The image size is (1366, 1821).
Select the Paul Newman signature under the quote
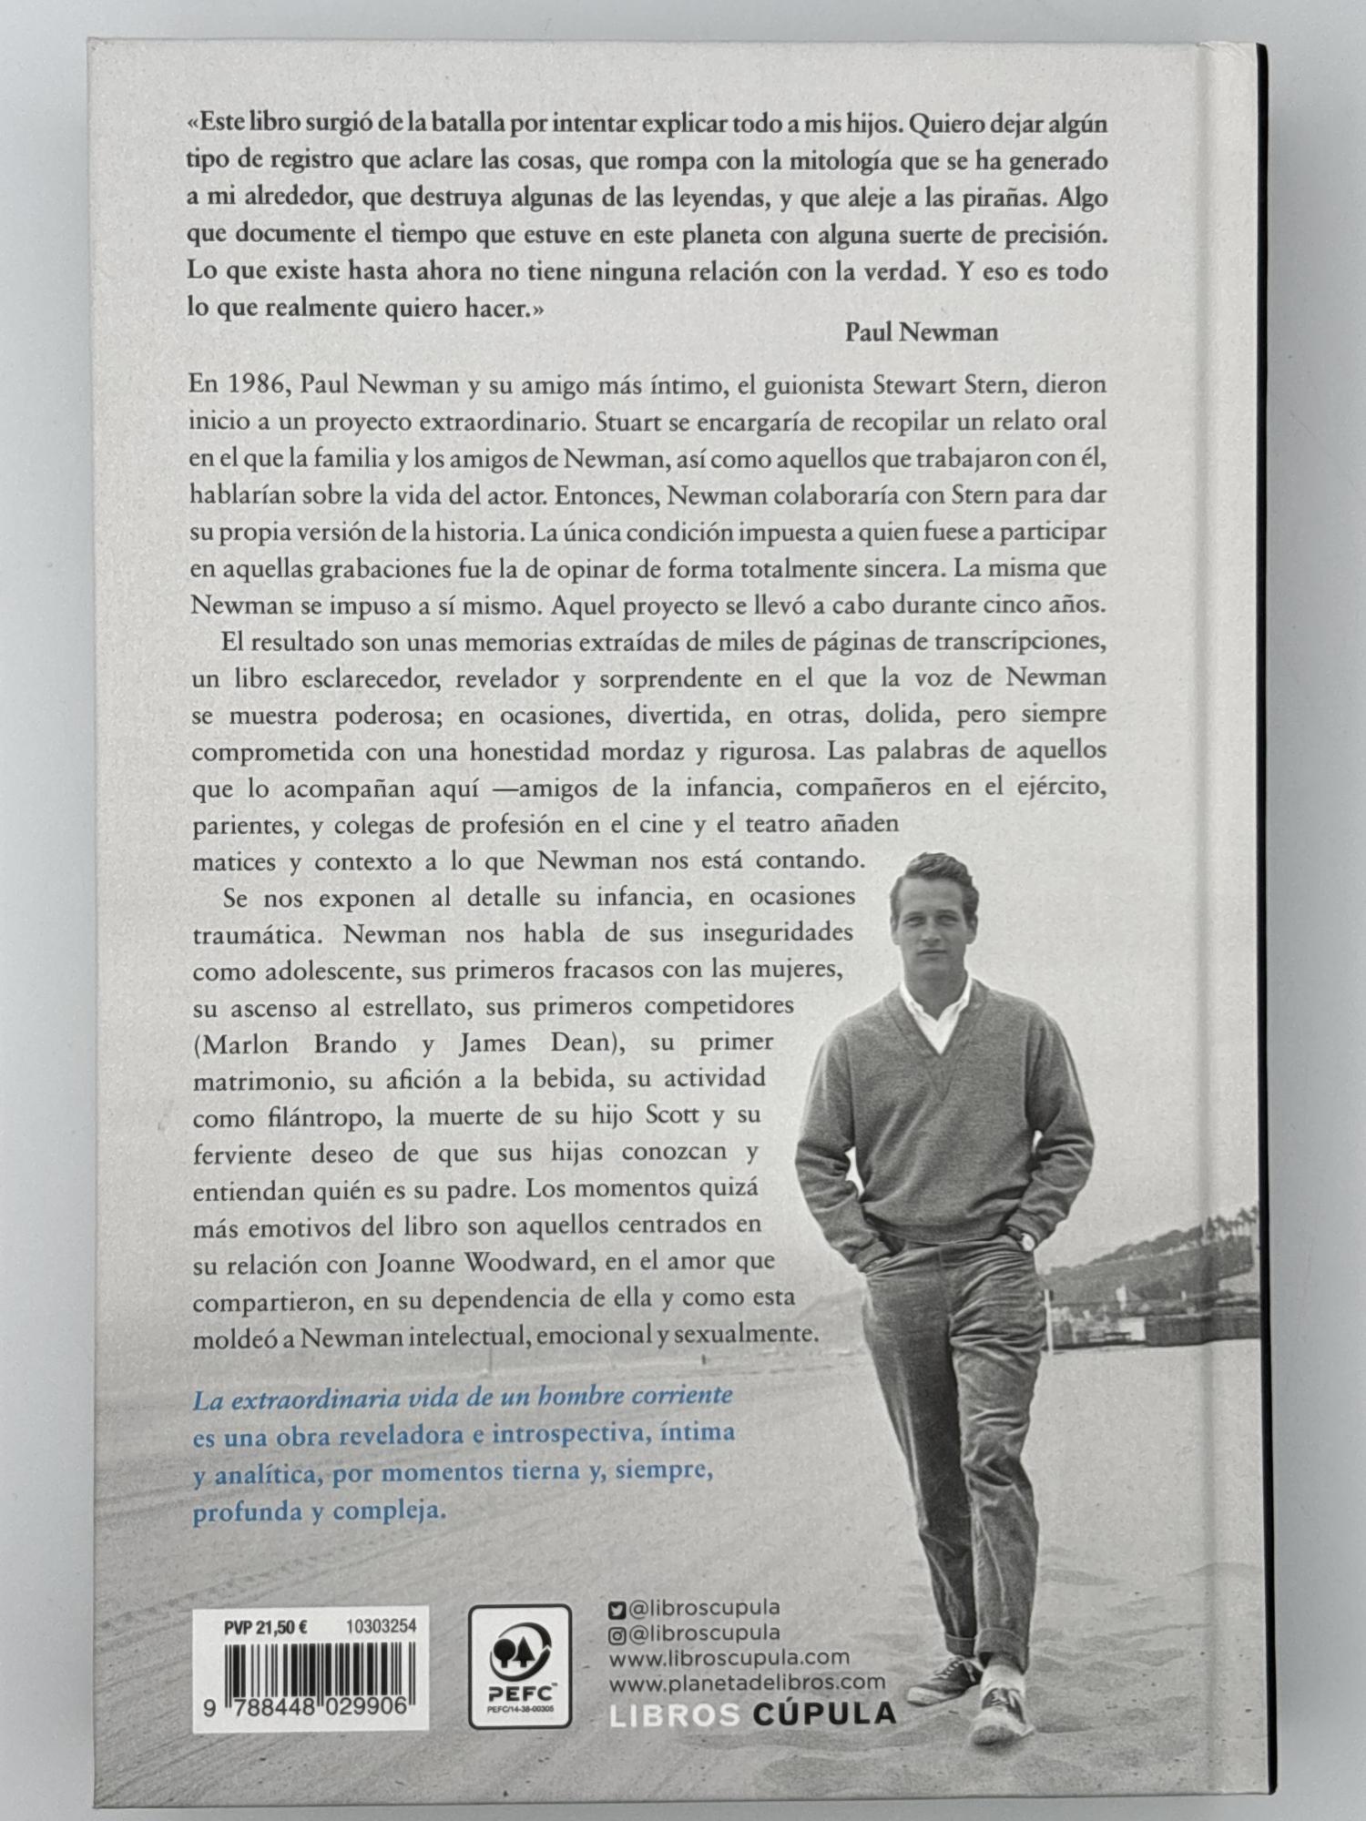921,331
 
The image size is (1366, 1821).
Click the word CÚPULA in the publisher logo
825,1714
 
